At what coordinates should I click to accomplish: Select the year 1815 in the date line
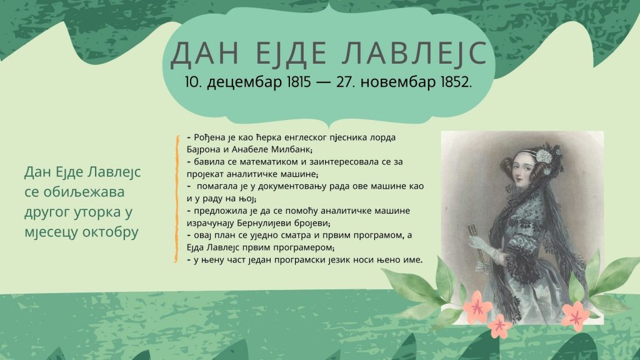(x=299, y=82)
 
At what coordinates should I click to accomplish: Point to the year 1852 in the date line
(x=456, y=82)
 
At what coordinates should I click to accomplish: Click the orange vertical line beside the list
(x=176, y=199)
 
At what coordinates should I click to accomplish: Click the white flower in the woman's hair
(x=544, y=156)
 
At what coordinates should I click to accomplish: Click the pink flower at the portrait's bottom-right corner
(x=576, y=316)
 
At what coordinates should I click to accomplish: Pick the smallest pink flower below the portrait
(x=499, y=326)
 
